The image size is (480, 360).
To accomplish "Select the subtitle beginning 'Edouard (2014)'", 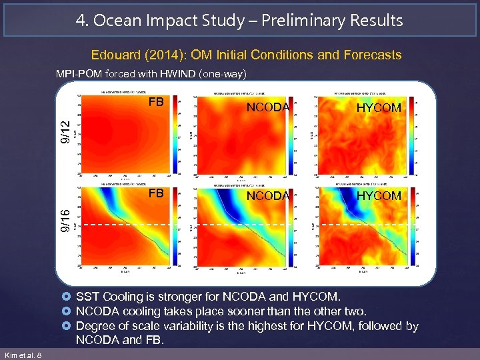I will tap(246, 55).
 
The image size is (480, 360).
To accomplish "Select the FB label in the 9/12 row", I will tap(156, 103).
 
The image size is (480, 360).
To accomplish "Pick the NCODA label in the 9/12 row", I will tap(268, 107).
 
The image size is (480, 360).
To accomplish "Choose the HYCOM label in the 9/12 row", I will tap(379, 107).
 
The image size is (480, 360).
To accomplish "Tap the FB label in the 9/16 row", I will tap(156, 193).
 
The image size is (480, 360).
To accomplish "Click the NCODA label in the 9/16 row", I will tap(268, 196).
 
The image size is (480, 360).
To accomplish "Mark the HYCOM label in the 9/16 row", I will tap(379, 196).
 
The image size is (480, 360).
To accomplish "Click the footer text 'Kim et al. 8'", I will tap(23, 355).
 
